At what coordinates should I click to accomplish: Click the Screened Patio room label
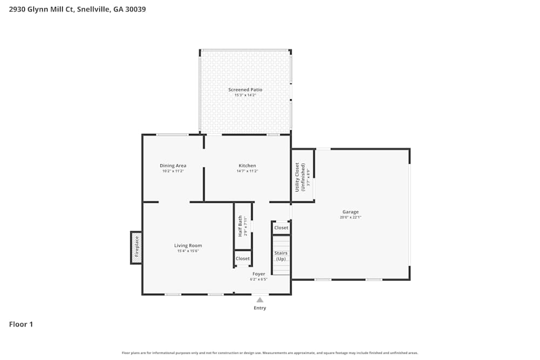click(245, 90)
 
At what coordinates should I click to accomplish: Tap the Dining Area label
click(173, 166)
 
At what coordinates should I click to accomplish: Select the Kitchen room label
click(247, 166)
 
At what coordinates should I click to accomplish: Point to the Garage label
click(350, 212)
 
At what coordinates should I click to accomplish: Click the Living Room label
click(188, 246)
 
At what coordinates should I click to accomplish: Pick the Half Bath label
click(241, 227)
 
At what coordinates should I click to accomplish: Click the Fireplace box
click(137, 248)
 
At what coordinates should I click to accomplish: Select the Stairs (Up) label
click(281, 256)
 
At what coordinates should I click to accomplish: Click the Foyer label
click(259, 274)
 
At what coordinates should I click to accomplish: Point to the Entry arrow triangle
click(260, 300)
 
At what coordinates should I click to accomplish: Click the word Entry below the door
click(260, 308)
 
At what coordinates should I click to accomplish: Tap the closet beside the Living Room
click(243, 259)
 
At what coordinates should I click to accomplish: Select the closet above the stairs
click(281, 228)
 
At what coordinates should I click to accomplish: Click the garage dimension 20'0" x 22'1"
click(350, 218)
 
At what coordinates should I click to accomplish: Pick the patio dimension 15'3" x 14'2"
click(245, 95)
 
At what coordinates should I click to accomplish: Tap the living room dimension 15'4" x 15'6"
click(188, 251)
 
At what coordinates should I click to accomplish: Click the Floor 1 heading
click(21, 324)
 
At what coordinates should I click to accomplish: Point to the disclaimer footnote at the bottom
click(270, 353)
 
